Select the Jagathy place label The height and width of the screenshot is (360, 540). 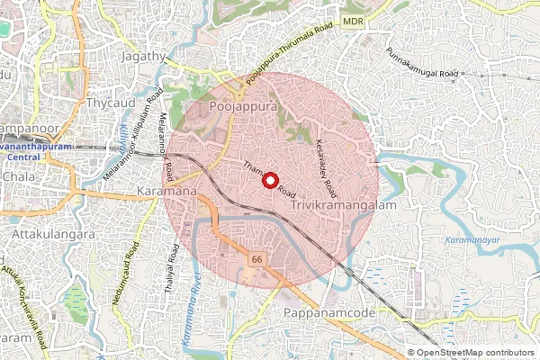click(143, 57)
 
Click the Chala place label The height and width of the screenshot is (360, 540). click(17, 176)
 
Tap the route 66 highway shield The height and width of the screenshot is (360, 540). click(257, 259)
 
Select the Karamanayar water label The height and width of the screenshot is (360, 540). click(470, 241)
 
